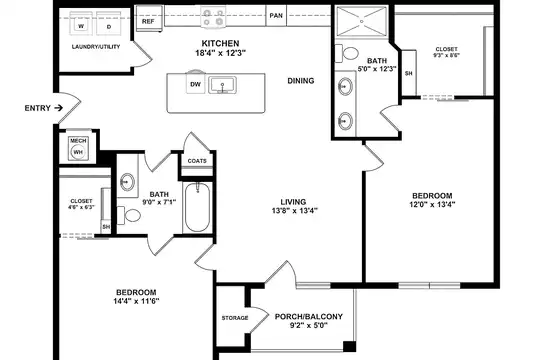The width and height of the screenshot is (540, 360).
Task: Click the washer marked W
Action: click(x=81, y=23)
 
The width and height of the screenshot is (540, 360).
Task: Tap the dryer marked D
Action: click(x=108, y=23)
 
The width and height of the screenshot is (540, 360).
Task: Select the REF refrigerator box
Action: click(x=149, y=19)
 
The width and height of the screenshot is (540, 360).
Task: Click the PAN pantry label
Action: click(x=276, y=16)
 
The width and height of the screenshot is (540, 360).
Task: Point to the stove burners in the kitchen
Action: click(x=213, y=18)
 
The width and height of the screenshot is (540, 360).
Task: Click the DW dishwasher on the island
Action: click(x=196, y=84)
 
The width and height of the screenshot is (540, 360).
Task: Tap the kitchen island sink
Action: click(x=222, y=85)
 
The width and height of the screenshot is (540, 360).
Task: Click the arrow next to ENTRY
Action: click(x=59, y=108)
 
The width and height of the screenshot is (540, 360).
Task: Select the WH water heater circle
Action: click(x=78, y=152)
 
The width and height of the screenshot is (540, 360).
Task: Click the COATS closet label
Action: click(x=197, y=161)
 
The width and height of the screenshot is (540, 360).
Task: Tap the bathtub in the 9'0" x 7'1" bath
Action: click(x=197, y=207)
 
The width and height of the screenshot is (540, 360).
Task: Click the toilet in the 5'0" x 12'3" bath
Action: click(x=347, y=53)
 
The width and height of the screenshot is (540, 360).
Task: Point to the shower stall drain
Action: click(x=362, y=21)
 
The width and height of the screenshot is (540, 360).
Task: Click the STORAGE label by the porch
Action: click(x=235, y=318)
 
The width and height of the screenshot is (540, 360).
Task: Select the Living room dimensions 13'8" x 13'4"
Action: click(x=294, y=210)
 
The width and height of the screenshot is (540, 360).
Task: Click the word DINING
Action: click(x=301, y=81)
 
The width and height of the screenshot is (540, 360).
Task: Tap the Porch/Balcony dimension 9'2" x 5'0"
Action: click(x=308, y=325)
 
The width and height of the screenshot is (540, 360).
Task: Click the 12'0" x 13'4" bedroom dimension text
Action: click(x=432, y=204)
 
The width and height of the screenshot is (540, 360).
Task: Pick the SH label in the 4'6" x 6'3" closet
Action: click(x=106, y=227)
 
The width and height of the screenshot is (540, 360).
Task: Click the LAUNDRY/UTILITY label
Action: click(x=96, y=47)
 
